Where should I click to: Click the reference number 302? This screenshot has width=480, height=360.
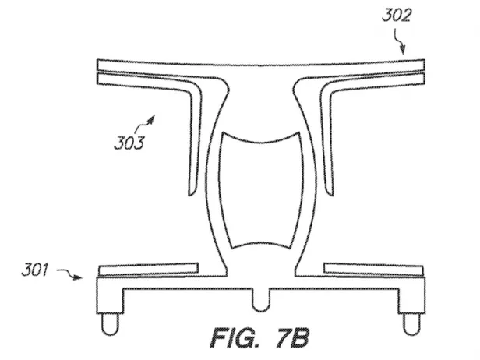pyautogui.click(x=397, y=16)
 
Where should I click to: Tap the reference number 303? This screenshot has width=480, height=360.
pyautogui.click(x=129, y=143)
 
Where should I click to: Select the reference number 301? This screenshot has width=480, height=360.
pyautogui.click(x=34, y=270)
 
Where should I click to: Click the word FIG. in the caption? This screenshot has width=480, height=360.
pyautogui.click(x=235, y=337)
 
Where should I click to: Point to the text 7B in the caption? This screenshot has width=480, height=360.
pyautogui.click(x=293, y=337)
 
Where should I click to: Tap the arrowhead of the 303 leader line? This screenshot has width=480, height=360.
pyautogui.click(x=151, y=119)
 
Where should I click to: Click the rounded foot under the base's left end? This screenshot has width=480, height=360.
pyautogui.click(x=110, y=324)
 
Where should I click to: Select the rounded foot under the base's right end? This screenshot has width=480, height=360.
pyautogui.click(x=411, y=324)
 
